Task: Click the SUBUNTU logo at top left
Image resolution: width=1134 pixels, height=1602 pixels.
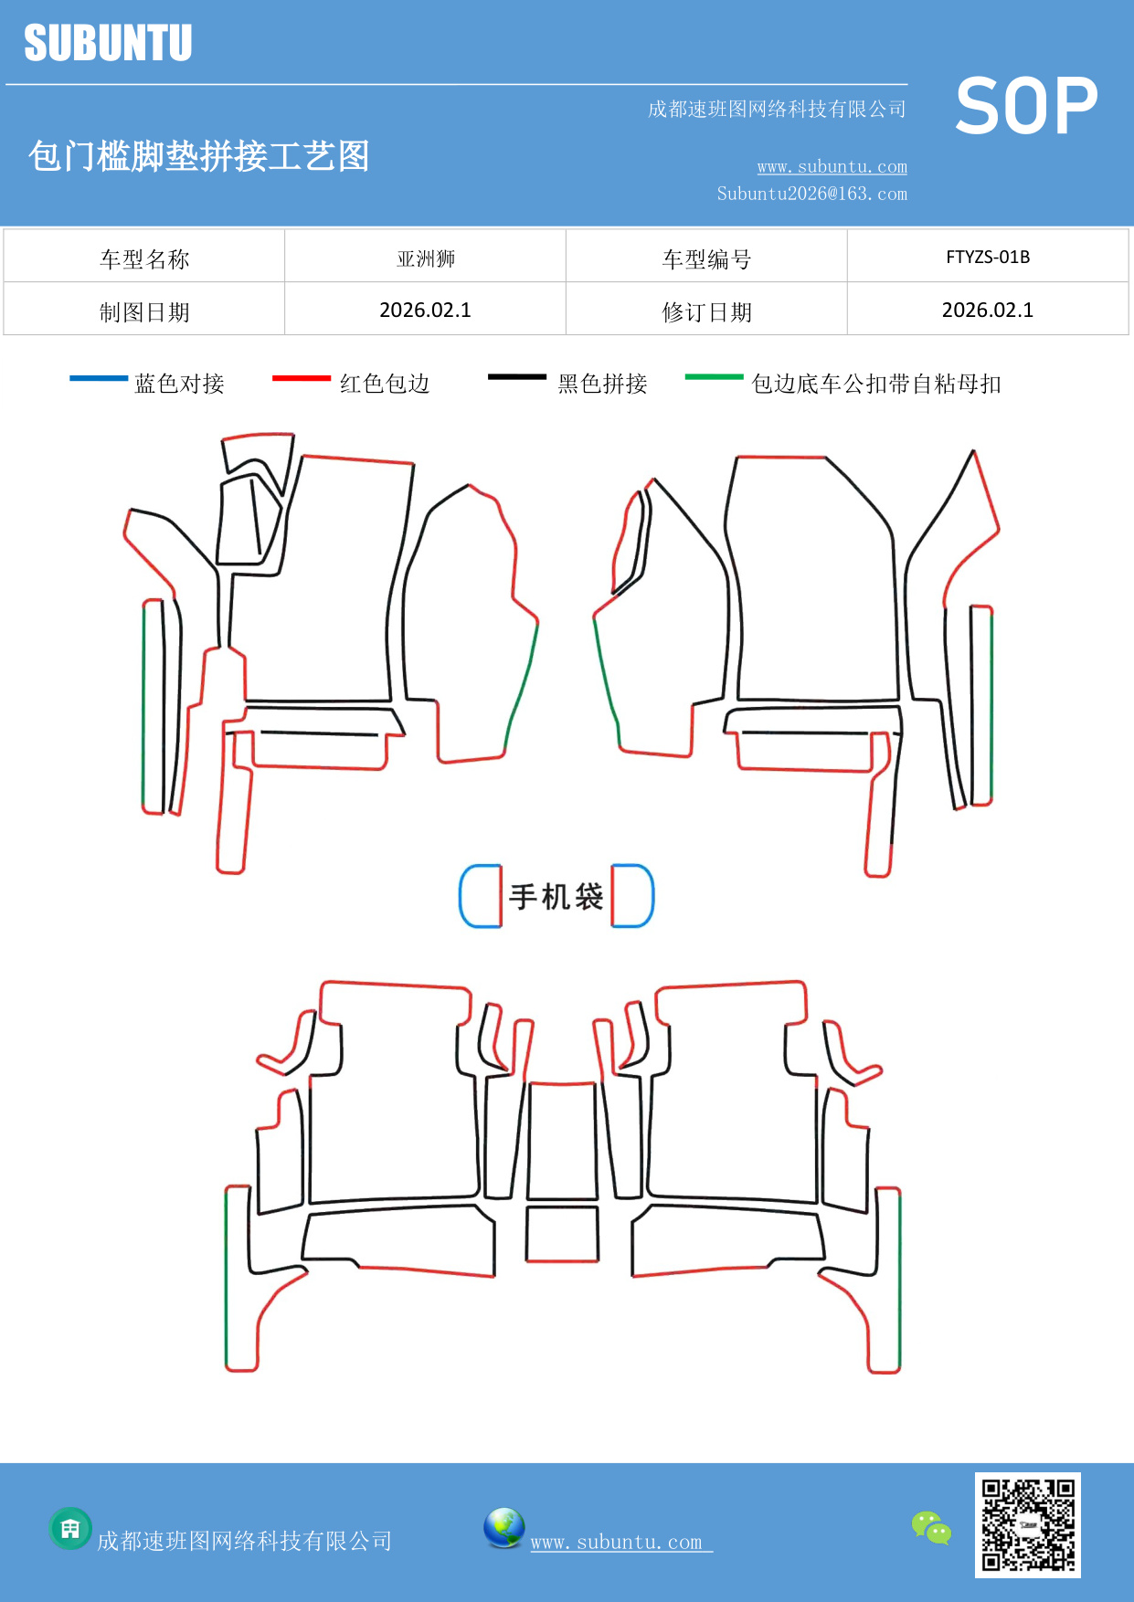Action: (x=108, y=43)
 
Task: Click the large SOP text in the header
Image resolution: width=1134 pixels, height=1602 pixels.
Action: (x=1026, y=107)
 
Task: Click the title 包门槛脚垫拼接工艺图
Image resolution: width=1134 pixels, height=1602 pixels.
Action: (x=198, y=156)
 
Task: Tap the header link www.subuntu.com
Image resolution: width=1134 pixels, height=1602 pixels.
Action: (x=832, y=167)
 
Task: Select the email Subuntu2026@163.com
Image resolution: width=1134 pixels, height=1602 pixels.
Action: (x=811, y=194)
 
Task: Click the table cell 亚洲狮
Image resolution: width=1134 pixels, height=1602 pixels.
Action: (x=426, y=258)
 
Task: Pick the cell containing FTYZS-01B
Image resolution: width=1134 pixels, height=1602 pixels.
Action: (x=988, y=257)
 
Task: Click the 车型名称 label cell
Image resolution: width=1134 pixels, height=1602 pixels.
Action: (x=144, y=259)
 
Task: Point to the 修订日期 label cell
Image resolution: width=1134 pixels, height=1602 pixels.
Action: (x=706, y=312)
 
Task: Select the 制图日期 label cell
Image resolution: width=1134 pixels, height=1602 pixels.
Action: (x=144, y=312)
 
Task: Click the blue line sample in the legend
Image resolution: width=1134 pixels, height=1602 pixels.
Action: (x=99, y=378)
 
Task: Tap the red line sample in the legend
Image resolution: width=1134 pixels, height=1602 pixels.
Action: (x=301, y=378)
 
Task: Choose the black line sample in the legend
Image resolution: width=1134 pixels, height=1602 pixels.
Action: (x=516, y=377)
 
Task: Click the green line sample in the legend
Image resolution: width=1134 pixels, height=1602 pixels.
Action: (x=714, y=376)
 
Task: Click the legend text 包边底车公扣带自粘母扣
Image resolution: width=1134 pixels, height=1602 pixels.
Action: (x=875, y=384)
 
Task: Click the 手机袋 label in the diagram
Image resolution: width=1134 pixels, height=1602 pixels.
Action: (x=556, y=897)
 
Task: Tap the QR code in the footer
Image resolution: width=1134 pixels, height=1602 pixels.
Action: (x=1027, y=1525)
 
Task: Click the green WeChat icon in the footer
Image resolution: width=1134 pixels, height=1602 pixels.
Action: (x=931, y=1528)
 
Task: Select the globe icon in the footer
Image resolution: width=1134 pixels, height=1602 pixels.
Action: (x=503, y=1528)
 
